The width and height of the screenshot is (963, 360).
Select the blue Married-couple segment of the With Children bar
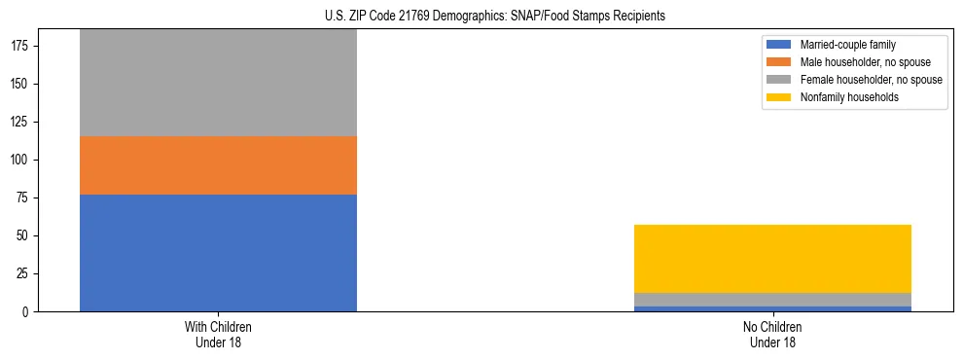point(218,253)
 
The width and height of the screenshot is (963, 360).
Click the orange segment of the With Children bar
point(218,165)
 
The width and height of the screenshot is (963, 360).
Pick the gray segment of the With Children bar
point(218,83)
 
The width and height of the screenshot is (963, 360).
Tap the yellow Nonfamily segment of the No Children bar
point(772,259)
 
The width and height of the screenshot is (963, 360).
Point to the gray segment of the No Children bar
point(772,300)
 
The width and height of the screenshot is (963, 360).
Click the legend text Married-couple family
point(848,45)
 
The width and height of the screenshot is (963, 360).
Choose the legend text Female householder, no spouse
point(871,80)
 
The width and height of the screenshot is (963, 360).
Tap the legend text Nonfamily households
point(848,97)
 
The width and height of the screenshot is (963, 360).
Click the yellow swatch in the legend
point(780,97)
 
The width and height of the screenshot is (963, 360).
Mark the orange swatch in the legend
point(780,62)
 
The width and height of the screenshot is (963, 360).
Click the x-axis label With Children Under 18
point(218,334)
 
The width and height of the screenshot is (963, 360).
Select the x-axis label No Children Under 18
point(772,334)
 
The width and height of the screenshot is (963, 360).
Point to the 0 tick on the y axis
point(28,312)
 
